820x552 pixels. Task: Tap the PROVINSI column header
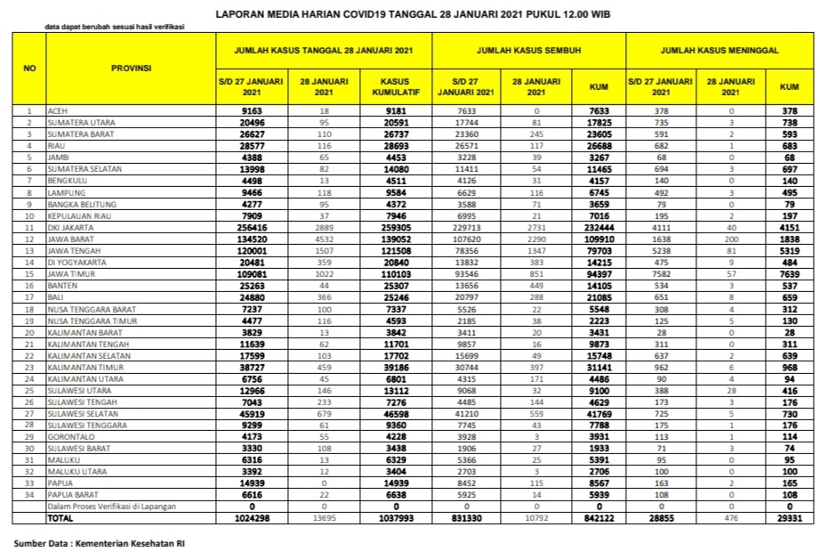pos(131,69)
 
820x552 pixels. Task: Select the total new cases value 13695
pos(323,516)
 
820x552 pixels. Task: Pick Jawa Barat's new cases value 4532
pos(323,239)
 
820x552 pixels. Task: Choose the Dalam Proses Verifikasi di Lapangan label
pos(112,505)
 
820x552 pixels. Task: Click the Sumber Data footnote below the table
pos(100,541)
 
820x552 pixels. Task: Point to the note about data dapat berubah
pos(114,28)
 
